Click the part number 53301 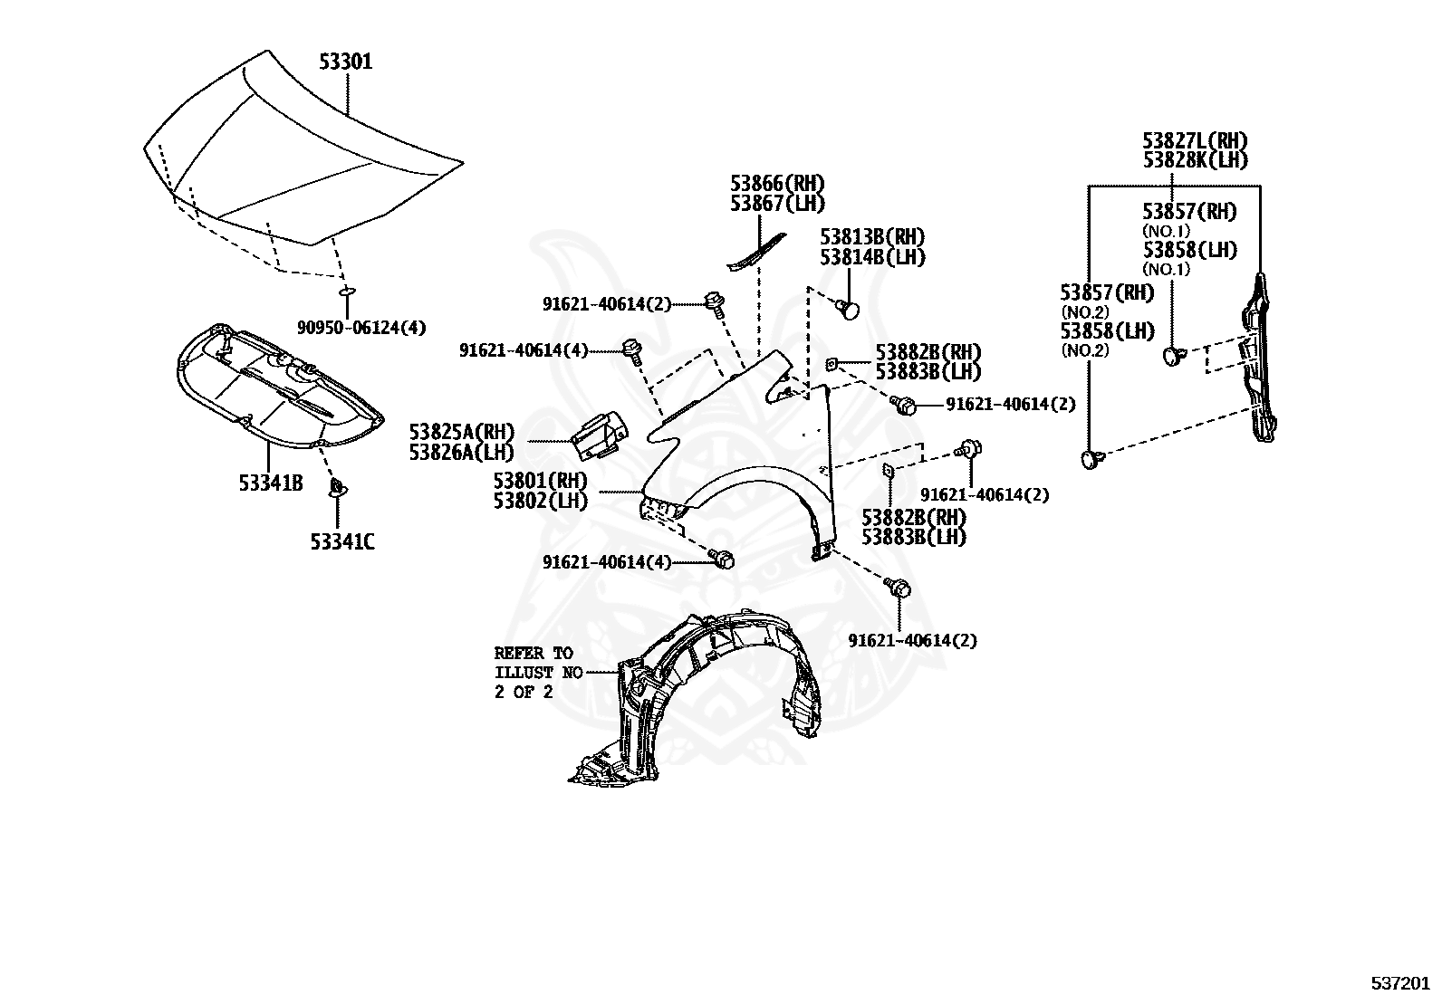coord(346,62)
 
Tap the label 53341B coord(270,483)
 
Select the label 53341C coord(341,542)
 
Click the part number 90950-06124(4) coord(361,328)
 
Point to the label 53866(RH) coord(777,184)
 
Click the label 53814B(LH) coord(872,257)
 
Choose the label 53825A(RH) coord(462,431)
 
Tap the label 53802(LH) coord(541,501)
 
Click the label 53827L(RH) coord(1195,140)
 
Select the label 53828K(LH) coord(1195,160)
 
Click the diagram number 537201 coord(1400,982)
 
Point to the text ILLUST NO coord(538,673)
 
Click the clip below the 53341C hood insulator coord(337,487)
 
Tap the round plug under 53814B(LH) coord(849,310)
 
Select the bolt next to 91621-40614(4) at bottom coord(722,558)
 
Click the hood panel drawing coord(303,148)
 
